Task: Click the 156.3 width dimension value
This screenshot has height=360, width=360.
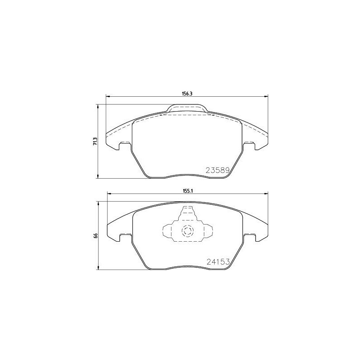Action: pos(187,93)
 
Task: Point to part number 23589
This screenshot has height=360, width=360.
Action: pos(218,171)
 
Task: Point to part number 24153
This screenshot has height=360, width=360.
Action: pos(218,261)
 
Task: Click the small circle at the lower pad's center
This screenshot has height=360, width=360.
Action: pos(187,231)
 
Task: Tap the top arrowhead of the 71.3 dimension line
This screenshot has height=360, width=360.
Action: pos(98,106)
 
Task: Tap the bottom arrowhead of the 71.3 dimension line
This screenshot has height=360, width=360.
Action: pos(98,177)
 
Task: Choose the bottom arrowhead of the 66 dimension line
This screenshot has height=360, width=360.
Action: pos(98,269)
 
